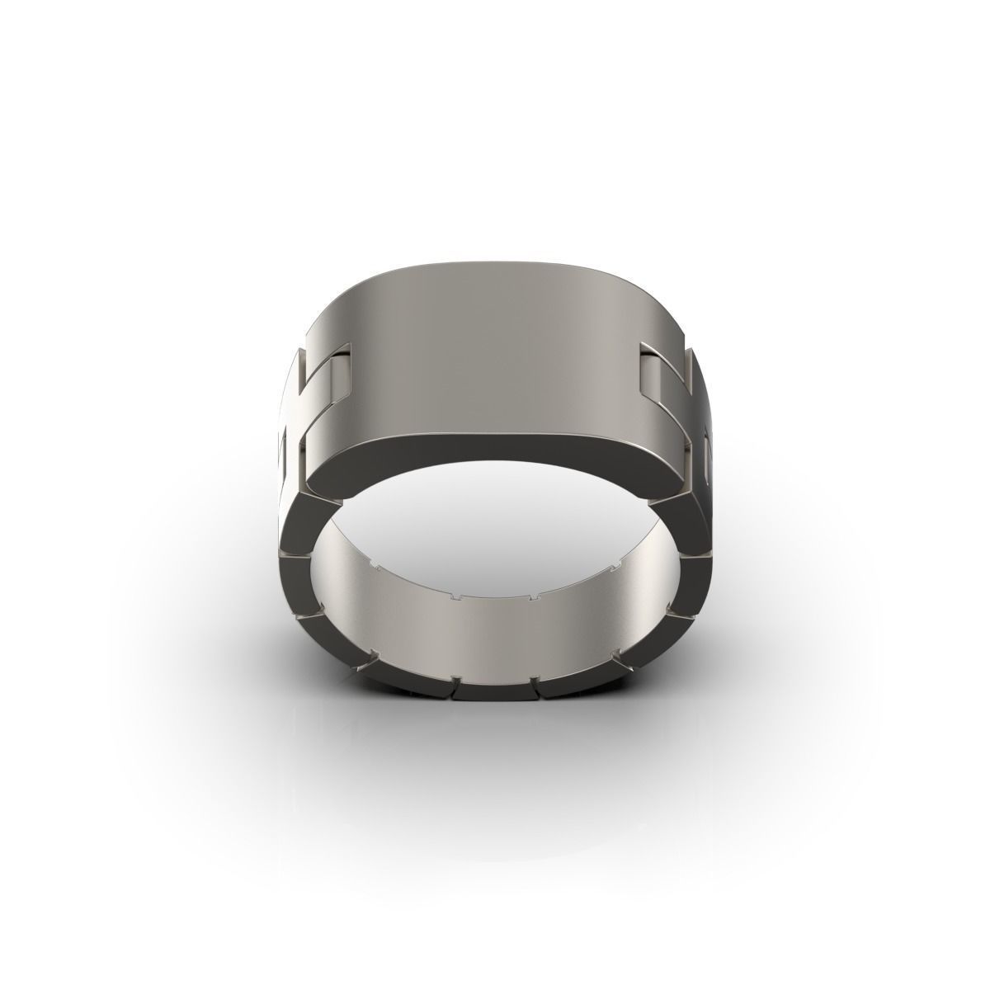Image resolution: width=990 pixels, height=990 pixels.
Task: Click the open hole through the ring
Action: pyautogui.click(x=495, y=528)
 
